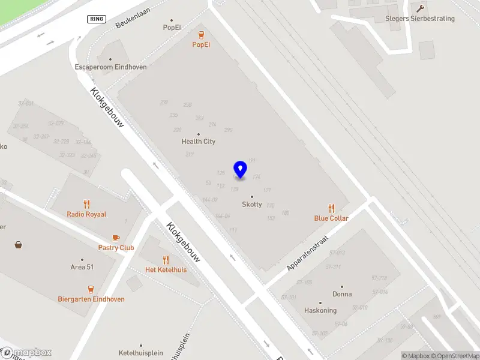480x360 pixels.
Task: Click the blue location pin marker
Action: (240, 169)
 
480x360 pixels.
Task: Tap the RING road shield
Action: (96, 19)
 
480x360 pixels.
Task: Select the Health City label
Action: (198, 142)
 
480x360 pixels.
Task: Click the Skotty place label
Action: (251, 204)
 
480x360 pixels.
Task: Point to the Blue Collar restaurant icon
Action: (331, 208)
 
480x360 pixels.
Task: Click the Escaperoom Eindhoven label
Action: (110, 67)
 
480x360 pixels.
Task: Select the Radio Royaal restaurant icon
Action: (86, 203)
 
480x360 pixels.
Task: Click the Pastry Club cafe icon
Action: (116, 237)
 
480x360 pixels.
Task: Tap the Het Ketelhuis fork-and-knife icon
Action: (166, 259)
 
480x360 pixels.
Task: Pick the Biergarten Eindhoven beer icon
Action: (91, 289)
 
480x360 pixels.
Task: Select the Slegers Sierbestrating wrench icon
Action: (420, 8)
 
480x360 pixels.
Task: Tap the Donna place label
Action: (342, 294)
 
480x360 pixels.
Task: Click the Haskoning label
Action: (320, 310)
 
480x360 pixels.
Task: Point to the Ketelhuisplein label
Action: (141, 353)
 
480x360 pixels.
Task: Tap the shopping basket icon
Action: (19, 245)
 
